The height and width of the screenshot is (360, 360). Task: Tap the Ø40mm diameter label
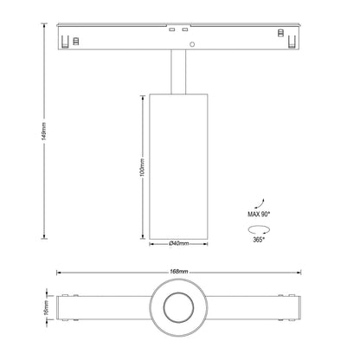179,245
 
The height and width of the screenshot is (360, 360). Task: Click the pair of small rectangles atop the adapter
179,30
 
